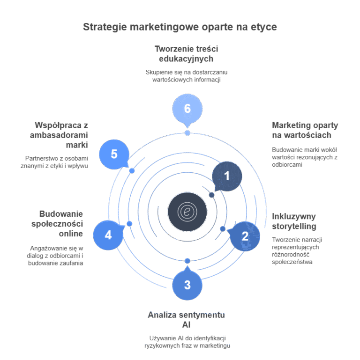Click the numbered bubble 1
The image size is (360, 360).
click(x=227, y=176)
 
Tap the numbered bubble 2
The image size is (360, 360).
click(x=245, y=236)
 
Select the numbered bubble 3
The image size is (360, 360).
click(x=187, y=284)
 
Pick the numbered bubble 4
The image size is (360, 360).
click(x=108, y=235)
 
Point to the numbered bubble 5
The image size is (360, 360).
click(x=114, y=154)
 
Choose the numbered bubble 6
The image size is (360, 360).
click(x=187, y=109)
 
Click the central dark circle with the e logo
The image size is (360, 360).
click(x=187, y=212)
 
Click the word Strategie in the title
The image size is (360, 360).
click(x=105, y=27)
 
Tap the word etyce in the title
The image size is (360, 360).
click(x=264, y=27)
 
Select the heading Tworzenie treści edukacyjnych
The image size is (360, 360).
click(x=186, y=54)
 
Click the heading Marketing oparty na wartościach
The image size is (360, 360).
click(x=305, y=130)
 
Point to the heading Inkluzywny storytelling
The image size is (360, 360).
click(x=294, y=221)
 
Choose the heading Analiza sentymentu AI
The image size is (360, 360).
click(x=186, y=320)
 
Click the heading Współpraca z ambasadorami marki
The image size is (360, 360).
click(x=59, y=135)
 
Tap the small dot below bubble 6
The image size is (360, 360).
click(x=187, y=133)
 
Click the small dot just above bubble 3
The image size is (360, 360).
click(x=187, y=261)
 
